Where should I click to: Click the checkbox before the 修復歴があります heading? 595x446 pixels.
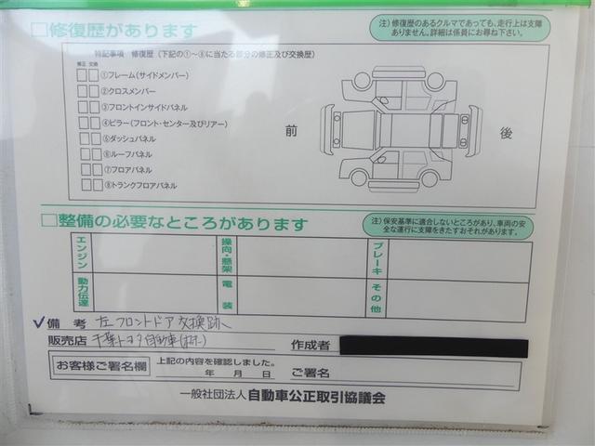click(x=39, y=32)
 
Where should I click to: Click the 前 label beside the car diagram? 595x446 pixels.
click(x=290, y=132)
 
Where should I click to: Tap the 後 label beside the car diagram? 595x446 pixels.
click(x=506, y=133)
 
